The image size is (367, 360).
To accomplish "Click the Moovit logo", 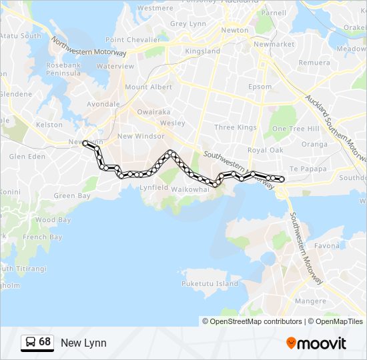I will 316,343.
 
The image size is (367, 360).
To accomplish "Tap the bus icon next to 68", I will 30,343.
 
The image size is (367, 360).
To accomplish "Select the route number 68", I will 45,342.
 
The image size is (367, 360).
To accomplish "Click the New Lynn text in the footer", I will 83,343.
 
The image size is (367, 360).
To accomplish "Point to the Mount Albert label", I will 148,87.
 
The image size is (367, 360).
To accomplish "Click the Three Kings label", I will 236,127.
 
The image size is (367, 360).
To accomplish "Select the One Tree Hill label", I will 296,129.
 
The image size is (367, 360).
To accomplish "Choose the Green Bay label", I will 72,196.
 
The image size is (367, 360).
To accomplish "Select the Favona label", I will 327,246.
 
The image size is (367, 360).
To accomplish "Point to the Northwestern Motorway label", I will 89,47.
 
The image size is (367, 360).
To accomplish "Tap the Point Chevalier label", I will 133,40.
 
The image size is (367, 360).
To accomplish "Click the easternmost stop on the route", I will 282,179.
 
